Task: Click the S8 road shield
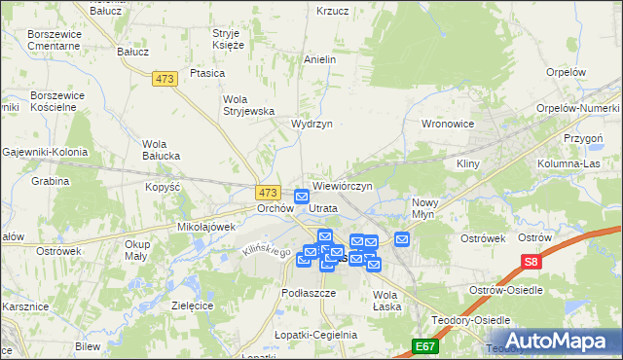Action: coord(531,262)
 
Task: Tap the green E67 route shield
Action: coord(424,345)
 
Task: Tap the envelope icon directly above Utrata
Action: coord(302,197)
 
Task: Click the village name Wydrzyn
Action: coord(312,124)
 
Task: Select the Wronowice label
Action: coord(447,124)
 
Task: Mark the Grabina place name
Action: coord(50,181)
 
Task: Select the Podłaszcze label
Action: coord(308,292)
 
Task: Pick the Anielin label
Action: coord(320,59)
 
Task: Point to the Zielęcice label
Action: coord(192,305)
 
